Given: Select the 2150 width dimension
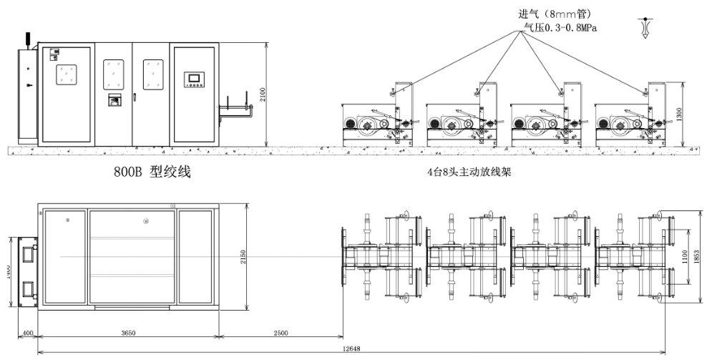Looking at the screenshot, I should coord(245,257).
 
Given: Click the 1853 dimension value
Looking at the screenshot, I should coord(704,256).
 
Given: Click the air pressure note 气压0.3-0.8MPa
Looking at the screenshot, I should coord(560,28).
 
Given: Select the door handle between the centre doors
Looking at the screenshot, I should coord(133,95).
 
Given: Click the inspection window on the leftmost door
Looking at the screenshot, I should coord(66,74).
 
